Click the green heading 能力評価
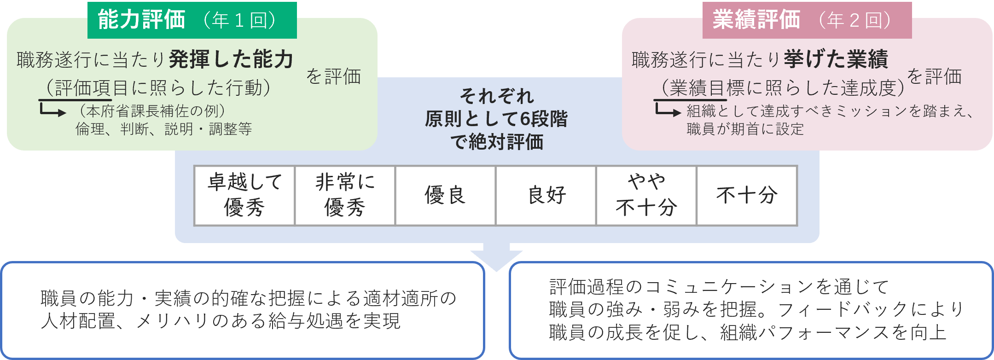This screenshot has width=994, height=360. pyautogui.click(x=141, y=20)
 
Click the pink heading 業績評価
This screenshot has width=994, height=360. pyautogui.click(x=756, y=20)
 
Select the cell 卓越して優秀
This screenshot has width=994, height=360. pyautogui.click(x=244, y=195)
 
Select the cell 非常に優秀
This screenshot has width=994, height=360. pyautogui.click(x=345, y=195)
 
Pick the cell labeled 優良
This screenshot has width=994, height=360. pyautogui.click(x=445, y=195)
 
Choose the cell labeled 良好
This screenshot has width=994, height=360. pyautogui.click(x=546, y=195)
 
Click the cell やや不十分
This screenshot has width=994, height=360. pyautogui.click(x=646, y=195)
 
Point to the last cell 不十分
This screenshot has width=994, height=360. pyautogui.click(x=747, y=195)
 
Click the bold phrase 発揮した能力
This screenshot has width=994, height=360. pyautogui.click(x=231, y=59)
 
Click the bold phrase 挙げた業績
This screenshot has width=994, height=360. pyautogui.click(x=835, y=59)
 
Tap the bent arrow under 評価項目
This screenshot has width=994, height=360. pyautogui.click(x=52, y=110)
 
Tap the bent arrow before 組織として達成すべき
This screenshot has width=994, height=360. pyautogui.click(x=667, y=111)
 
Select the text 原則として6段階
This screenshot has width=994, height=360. pyautogui.click(x=496, y=119)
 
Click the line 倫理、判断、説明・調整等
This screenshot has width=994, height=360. pyautogui.click(x=163, y=129)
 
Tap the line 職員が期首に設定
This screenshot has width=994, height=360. pyautogui.click(x=745, y=129)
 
